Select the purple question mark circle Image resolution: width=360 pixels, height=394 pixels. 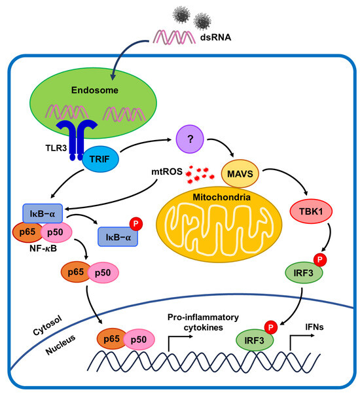click(x=188, y=138)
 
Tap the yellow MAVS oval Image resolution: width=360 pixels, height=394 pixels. click(x=240, y=174)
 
